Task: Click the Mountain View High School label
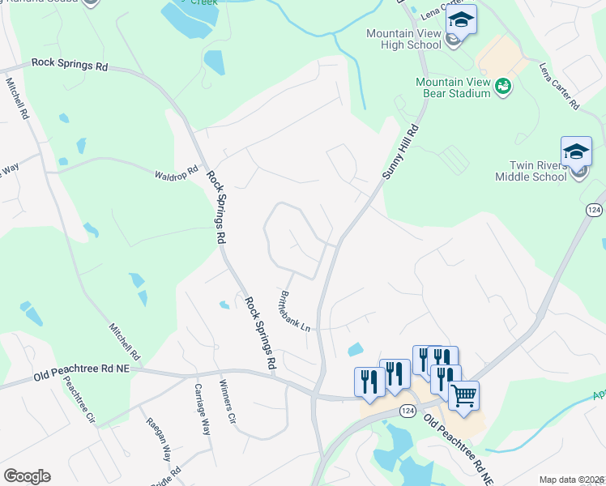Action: (x=403, y=39)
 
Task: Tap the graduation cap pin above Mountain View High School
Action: (x=461, y=19)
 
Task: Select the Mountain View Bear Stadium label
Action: (x=453, y=87)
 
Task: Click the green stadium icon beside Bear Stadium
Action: (x=502, y=87)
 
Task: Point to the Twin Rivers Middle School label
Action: (x=529, y=171)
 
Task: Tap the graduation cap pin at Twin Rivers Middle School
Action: (x=576, y=151)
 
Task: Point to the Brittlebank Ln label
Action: (x=295, y=311)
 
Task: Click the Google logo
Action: (x=27, y=476)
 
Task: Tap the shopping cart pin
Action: (x=463, y=395)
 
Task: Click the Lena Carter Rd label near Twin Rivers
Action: (x=560, y=87)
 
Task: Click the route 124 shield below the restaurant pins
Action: (x=408, y=411)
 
